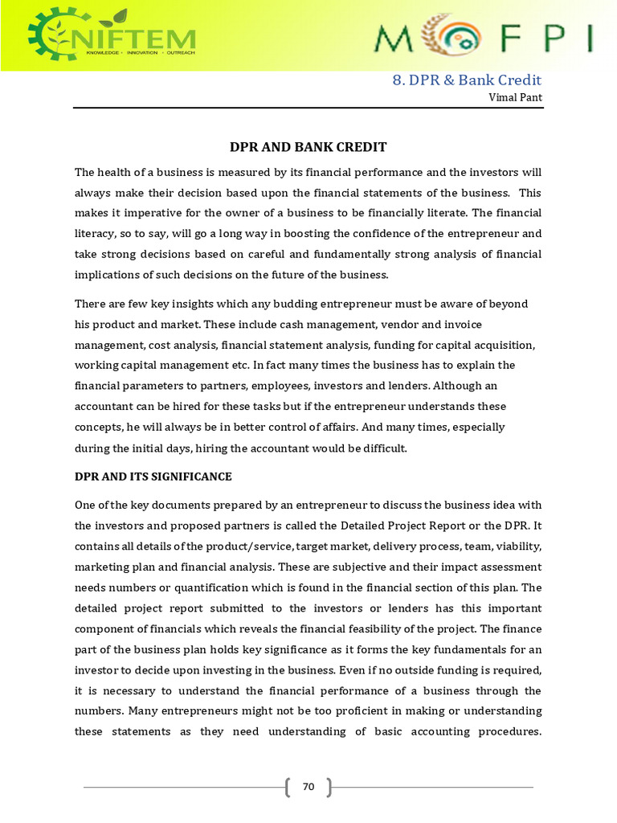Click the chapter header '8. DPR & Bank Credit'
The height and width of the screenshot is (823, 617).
click(467, 80)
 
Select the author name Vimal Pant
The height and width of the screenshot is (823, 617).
click(515, 97)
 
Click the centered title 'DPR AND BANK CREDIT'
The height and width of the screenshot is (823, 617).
click(308, 147)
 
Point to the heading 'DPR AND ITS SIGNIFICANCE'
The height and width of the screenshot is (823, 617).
click(153, 477)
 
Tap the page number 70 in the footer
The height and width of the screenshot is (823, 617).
click(308, 787)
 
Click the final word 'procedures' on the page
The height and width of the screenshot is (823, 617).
click(502, 732)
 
